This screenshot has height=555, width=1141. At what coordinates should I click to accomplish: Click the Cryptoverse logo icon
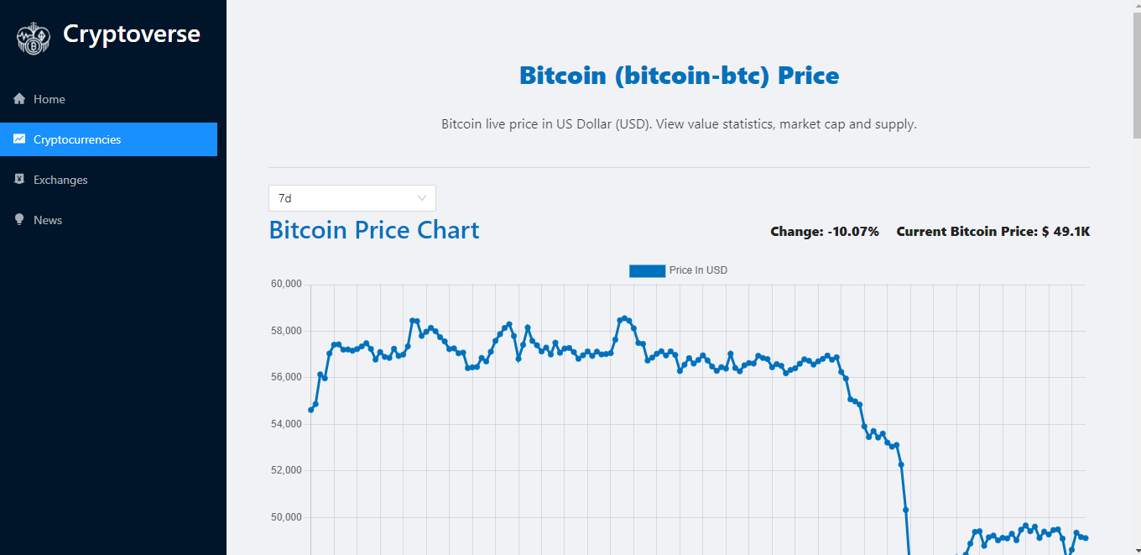[x=34, y=38]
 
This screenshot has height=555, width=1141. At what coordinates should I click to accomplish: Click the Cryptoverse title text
[x=132, y=34]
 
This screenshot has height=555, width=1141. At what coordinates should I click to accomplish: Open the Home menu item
[x=49, y=99]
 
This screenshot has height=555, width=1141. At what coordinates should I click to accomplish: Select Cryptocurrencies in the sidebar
[x=77, y=139]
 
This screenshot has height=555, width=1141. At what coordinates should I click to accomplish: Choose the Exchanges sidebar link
[x=60, y=180]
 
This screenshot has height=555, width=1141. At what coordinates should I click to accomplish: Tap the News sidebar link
[x=48, y=220]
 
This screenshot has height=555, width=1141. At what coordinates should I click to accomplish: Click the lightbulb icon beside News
[x=19, y=220]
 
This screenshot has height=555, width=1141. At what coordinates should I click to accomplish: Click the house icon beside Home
[x=19, y=99]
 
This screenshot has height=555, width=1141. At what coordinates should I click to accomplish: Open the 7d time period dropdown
[x=352, y=198]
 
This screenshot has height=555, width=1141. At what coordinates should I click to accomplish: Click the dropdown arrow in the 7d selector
[x=422, y=198]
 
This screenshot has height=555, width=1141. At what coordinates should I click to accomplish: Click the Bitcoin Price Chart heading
[x=374, y=230]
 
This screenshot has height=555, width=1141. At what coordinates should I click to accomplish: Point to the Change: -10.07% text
[x=824, y=232]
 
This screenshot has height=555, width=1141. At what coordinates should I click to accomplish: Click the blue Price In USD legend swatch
[x=647, y=270]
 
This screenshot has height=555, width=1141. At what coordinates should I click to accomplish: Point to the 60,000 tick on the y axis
[x=285, y=284]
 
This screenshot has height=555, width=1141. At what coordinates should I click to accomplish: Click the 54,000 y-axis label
[x=285, y=424]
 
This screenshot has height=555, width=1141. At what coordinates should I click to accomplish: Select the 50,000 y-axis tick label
[x=285, y=517]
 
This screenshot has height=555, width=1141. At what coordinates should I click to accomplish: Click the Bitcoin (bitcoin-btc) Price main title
[x=679, y=76]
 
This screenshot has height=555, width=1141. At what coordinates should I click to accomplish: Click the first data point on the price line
[x=311, y=410]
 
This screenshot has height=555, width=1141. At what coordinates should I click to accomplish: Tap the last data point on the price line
[x=1086, y=538]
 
